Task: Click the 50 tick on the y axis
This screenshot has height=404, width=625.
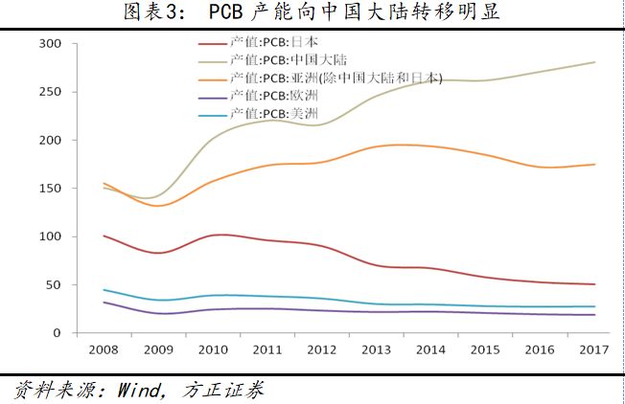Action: point(55,285)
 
